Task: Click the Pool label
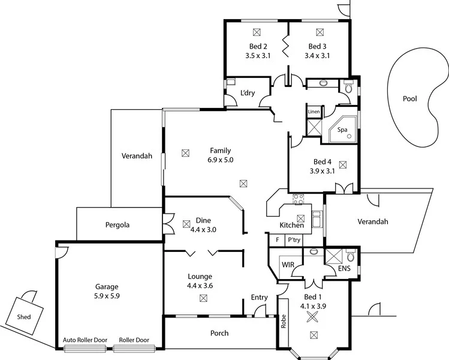click(x=409, y=99)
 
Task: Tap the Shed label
click(x=24, y=317)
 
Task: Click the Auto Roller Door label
click(x=85, y=340)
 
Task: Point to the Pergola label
click(x=117, y=225)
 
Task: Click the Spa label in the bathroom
click(x=342, y=130)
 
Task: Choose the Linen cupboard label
click(x=314, y=112)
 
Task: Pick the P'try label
click(x=294, y=239)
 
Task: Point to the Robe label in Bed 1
click(x=283, y=323)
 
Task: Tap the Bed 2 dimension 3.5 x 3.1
click(x=258, y=56)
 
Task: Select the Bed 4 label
click(x=322, y=161)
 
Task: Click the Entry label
click(x=259, y=298)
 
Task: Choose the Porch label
click(x=219, y=333)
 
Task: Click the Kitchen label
click(x=292, y=226)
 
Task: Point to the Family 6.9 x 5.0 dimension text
click(x=220, y=160)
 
